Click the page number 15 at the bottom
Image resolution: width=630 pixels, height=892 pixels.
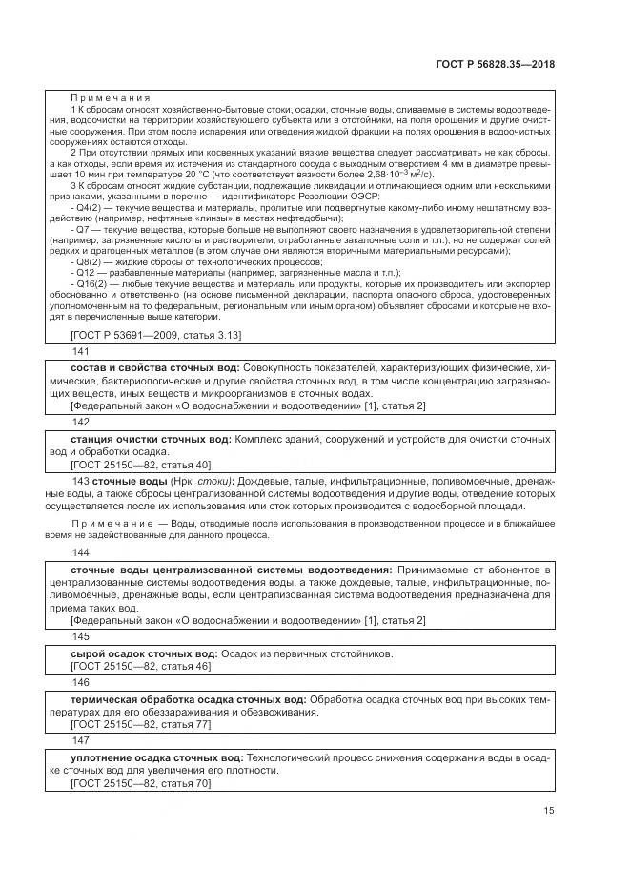tap(549, 811)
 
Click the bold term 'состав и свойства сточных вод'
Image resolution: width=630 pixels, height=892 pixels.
tap(155, 367)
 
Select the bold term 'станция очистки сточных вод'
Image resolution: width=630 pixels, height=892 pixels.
tap(152, 438)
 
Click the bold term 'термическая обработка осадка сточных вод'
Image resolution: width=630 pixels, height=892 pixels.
tap(189, 699)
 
